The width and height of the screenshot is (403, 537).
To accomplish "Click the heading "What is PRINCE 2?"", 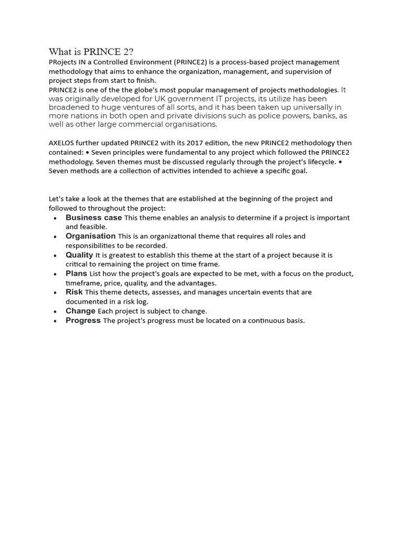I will (x=91, y=51).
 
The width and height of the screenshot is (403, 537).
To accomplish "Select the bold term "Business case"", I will (x=93, y=218).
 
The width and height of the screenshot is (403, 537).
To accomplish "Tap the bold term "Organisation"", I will (x=90, y=237).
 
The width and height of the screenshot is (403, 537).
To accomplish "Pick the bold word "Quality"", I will (x=79, y=255).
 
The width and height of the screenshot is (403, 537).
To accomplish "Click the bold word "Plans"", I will (x=76, y=274).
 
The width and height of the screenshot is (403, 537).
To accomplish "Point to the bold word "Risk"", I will (x=74, y=292).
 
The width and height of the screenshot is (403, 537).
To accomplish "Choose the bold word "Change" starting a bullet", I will (x=80, y=311).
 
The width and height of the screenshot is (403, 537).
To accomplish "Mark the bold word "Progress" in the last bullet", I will (x=83, y=320).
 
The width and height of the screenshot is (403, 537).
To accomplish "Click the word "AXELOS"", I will (x=62, y=143).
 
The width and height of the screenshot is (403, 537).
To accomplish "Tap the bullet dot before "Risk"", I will (x=55, y=293).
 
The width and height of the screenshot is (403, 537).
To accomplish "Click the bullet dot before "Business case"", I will (x=55, y=218).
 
